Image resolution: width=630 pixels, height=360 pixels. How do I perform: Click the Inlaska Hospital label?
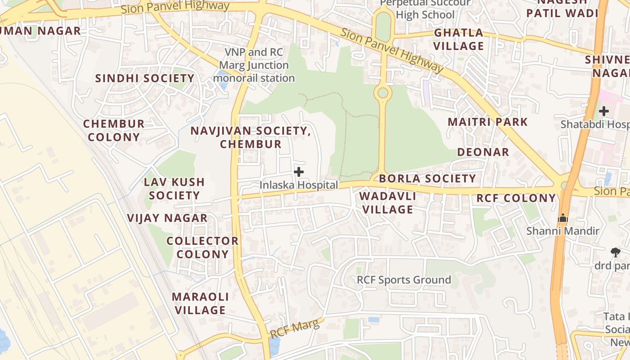pos(298,185)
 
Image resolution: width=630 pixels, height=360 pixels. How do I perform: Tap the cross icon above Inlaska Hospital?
pos(298,172)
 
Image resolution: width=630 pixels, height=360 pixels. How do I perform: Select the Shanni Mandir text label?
pos(563,231)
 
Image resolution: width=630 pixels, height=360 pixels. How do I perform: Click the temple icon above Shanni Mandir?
pos(563,218)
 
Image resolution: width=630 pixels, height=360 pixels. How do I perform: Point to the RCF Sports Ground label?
pos(404,280)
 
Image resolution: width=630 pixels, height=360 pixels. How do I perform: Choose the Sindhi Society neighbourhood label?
pos(145,78)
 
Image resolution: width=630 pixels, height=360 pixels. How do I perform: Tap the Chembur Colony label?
pos(114,130)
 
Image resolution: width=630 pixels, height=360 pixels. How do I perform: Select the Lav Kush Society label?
pos(174,189)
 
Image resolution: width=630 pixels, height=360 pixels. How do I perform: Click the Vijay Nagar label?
pos(167,218)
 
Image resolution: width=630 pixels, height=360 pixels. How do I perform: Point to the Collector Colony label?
pos(202,247)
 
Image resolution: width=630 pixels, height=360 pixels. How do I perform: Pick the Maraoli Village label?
pos(200,303)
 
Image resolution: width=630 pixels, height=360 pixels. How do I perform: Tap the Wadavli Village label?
pos(387,202)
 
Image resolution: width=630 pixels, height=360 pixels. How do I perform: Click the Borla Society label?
pos(427,179)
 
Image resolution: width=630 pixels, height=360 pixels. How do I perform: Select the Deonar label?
pos(483,152)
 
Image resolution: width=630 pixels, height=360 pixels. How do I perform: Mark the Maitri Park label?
pos(488,121)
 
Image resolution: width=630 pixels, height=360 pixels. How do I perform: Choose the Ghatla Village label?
pos(459,39)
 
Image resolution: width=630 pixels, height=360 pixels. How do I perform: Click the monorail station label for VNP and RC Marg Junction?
pos(254,65)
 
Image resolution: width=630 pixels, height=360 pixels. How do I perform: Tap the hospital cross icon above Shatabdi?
pos(604,111)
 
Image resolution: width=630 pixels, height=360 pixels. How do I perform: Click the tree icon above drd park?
pos(615,252)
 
